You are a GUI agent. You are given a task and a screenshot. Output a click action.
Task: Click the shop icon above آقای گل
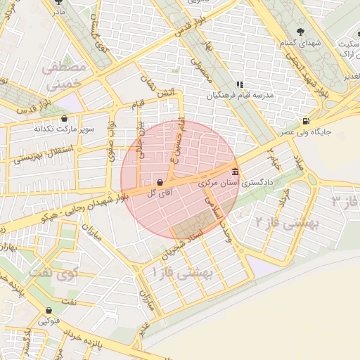pyautogui.click(x=160, y=181)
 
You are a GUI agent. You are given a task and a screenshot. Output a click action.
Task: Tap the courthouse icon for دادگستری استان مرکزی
pyautogui.click(x=235, y=172)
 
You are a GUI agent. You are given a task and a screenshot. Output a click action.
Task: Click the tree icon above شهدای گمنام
pyautogui.click(x=302, y=31)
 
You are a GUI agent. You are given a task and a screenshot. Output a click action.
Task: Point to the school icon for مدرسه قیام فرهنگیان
pyautogui.click(x=239, y=84)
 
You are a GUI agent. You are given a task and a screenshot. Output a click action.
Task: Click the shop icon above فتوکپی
pyautogui.click(x=49, y=310)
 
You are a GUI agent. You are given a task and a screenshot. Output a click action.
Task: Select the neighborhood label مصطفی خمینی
pyautogui.click(x=64, y=76)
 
